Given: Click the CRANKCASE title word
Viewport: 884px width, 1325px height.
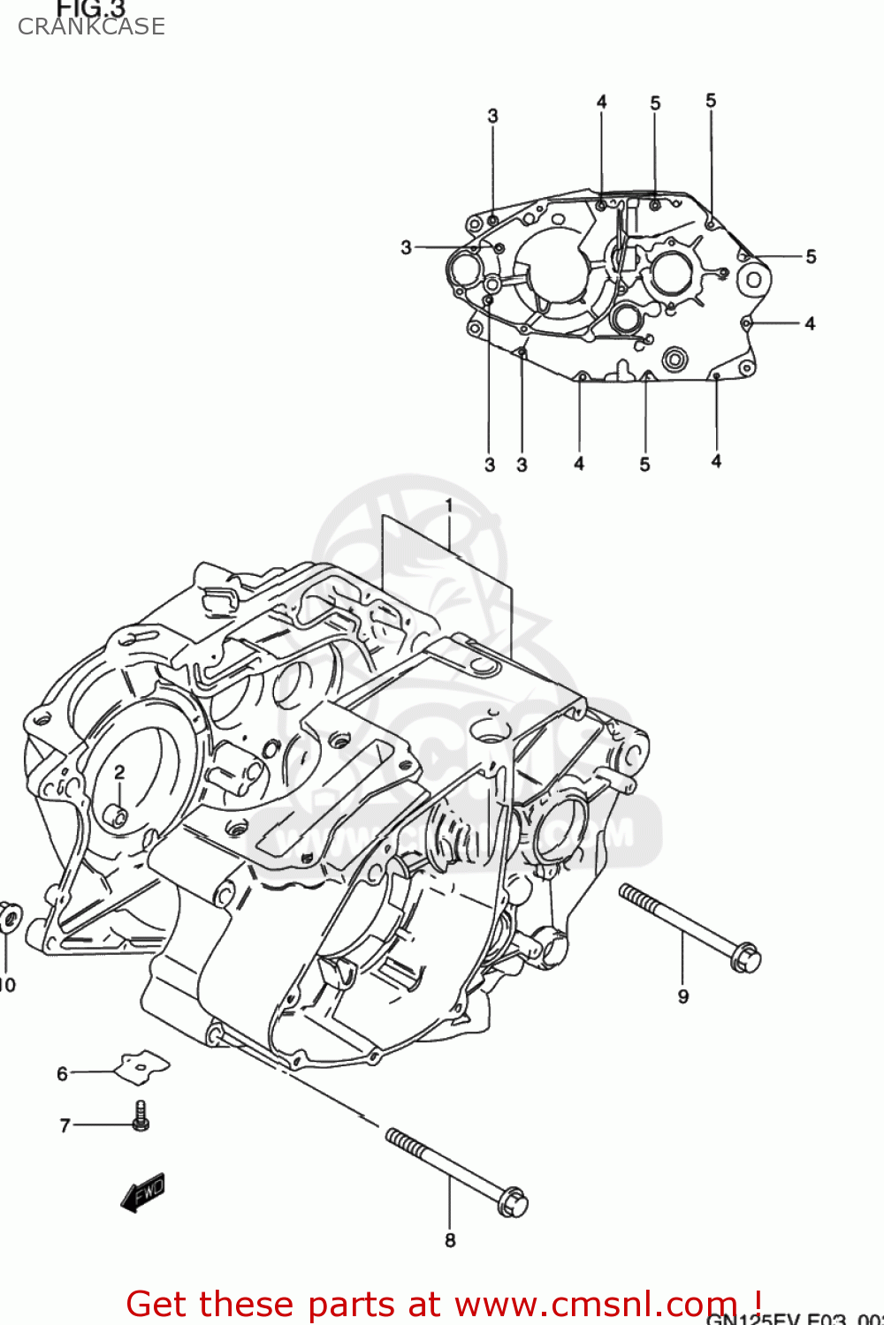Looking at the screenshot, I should [x=91, y=26].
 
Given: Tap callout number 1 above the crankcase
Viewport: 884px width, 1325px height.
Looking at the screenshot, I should [x=448, y=505].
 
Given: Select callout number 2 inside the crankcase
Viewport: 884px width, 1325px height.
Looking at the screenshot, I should [x=119, y=772].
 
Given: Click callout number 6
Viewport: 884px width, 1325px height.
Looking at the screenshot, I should [x=62, y=1073].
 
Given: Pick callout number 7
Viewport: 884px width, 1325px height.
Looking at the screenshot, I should [x=65, y=1125].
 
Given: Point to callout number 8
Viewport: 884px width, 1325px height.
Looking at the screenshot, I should [x=450, y=1240].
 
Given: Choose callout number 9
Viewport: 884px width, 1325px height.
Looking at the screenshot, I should [x=683, y=996].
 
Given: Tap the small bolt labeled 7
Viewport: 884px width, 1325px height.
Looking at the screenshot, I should [x=141, y=1116].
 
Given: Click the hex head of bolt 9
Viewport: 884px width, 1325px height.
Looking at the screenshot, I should [x=746, y=958].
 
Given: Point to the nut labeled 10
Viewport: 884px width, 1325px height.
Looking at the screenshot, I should [x=9, y=917].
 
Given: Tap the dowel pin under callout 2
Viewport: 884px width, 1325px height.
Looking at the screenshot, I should [x=117, y=816].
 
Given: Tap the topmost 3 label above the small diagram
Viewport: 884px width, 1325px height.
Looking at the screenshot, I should [x=492, y=116].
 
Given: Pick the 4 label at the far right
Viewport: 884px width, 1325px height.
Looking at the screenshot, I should [x=810, y=323].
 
